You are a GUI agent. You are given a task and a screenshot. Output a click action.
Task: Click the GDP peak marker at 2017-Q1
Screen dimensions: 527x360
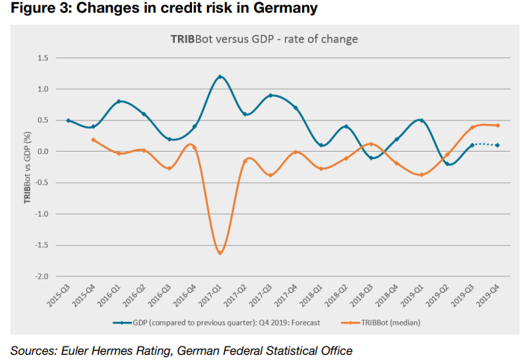pos(220,77)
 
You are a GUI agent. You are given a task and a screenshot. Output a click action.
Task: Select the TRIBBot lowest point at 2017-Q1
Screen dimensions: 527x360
pos(220,253)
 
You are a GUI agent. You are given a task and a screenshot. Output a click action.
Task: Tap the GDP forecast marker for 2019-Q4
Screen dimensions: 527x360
pos(497,145)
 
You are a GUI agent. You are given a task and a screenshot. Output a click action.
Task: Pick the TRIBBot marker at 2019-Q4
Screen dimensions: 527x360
pos(498,125)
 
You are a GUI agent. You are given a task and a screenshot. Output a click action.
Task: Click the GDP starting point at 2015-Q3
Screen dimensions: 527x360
pos(68,120)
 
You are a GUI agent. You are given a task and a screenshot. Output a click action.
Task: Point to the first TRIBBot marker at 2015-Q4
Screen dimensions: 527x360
pos(93,140)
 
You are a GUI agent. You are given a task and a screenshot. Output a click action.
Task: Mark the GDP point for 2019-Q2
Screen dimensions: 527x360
pos(447,164)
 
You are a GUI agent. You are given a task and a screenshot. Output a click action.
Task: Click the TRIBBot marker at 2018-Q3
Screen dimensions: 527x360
pos(372,143)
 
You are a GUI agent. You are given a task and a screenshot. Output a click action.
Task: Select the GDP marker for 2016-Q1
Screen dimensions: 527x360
pos(119,102)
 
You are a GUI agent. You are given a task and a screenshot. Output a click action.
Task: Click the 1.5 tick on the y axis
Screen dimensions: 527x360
pos(43,58)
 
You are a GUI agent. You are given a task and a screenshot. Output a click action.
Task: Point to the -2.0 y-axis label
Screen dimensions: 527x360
pos(42,276)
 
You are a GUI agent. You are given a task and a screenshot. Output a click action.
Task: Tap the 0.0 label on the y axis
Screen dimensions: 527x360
pos(43,152)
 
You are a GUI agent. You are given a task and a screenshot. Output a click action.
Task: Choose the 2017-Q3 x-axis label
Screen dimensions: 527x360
pos(260,295)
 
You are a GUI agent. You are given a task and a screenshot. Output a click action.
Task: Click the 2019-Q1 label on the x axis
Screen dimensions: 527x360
pos(412,295)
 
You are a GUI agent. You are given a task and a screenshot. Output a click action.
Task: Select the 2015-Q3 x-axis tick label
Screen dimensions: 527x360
pos(58,295)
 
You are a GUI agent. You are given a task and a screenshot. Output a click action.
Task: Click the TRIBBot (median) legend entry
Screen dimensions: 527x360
pos(380,323)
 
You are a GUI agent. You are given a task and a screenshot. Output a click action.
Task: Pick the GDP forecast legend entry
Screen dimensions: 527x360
pos(217,323)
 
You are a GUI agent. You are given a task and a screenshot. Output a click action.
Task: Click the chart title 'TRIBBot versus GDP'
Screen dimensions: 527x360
pos(264,40)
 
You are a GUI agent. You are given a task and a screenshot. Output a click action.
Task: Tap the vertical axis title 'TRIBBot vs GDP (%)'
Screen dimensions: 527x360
pos(27,167)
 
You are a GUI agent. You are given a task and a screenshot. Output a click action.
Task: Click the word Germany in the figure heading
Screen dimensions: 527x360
pos(286,8)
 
